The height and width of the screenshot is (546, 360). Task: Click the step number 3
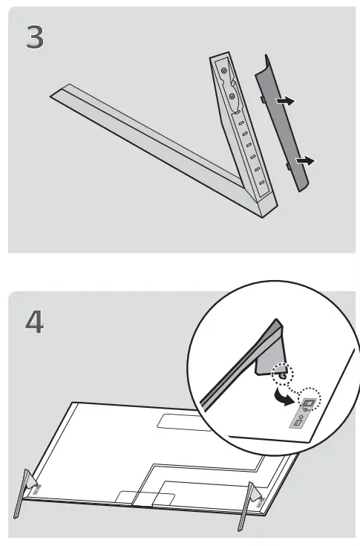coord(35,39)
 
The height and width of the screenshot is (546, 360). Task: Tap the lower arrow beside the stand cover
coord(304,160)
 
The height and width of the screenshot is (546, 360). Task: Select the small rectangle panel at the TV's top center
coord(178,422)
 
